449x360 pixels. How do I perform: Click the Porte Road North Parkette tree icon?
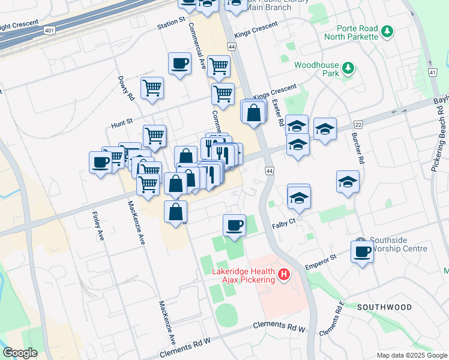click(388, 31)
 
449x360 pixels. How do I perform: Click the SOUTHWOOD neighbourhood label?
click(384, 307)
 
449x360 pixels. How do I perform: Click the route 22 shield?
click(358, 124)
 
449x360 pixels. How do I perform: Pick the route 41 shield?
click(432, 72)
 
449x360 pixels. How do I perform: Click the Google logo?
click(20, 353)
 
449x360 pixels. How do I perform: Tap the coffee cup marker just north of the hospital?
click(234, 225)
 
